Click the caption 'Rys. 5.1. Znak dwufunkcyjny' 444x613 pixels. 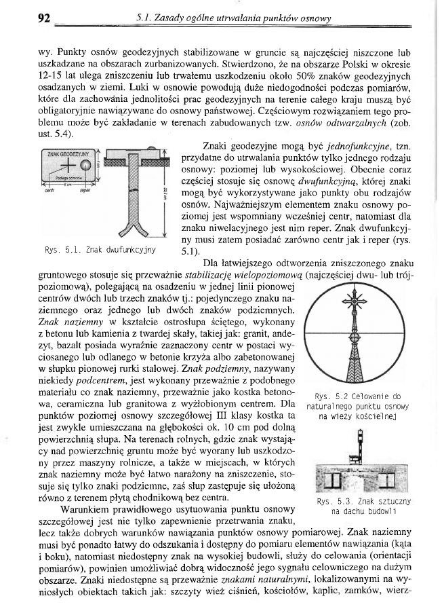point(100,249)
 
